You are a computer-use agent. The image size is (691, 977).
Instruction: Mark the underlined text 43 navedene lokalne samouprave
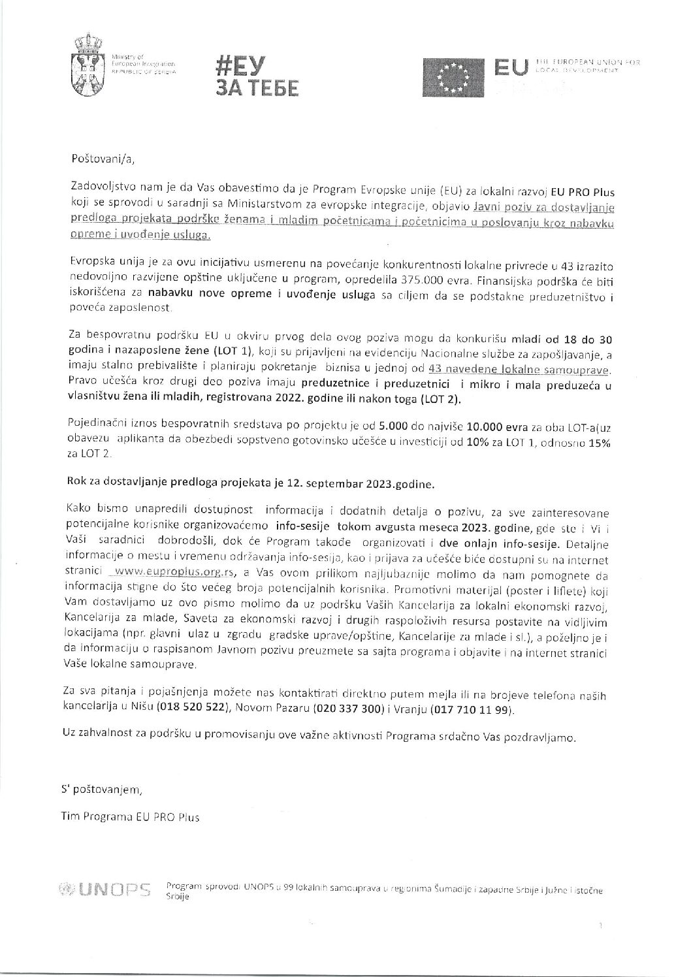(x=517, y=370)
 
